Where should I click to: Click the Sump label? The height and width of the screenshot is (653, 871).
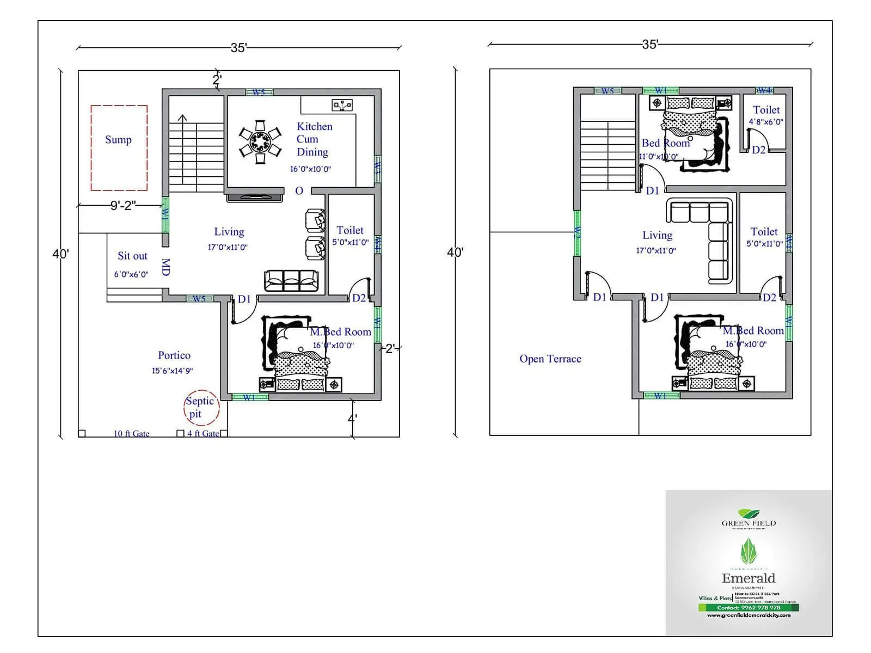(x=118, y=140)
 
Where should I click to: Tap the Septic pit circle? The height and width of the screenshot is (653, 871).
(x=201, y=408)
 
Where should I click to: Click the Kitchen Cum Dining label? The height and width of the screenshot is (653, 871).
(x=314, y=139)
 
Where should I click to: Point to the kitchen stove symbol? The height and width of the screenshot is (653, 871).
(x=342, y=105)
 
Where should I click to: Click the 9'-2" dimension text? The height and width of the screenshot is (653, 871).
(x=123, y=205)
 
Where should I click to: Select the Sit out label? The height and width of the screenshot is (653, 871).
(x=132, y=256)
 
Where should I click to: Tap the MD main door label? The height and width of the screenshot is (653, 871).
(x=166, y=267)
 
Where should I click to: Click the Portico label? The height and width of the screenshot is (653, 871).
(x=174, y=355)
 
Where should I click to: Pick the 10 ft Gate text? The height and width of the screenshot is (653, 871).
(x=131, y=434)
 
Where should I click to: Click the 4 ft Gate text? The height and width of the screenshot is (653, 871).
(x=203, y=434)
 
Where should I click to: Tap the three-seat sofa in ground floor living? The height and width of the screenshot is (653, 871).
(x=291, y=281)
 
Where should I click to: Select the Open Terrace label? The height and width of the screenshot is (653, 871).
(x=550, y=359)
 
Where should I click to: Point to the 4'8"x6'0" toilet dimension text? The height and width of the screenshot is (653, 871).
(x=765, y=122)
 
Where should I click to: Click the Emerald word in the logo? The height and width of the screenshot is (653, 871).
(x=749, y=578)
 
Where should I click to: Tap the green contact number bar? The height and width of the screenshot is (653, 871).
(x=749, y=607)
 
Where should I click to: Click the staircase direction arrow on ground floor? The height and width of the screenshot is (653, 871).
(x=182, y=118)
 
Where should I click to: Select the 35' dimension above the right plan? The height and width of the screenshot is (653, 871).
(x=649, y=45)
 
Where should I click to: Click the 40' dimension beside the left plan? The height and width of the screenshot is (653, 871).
(x=60, y=254)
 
